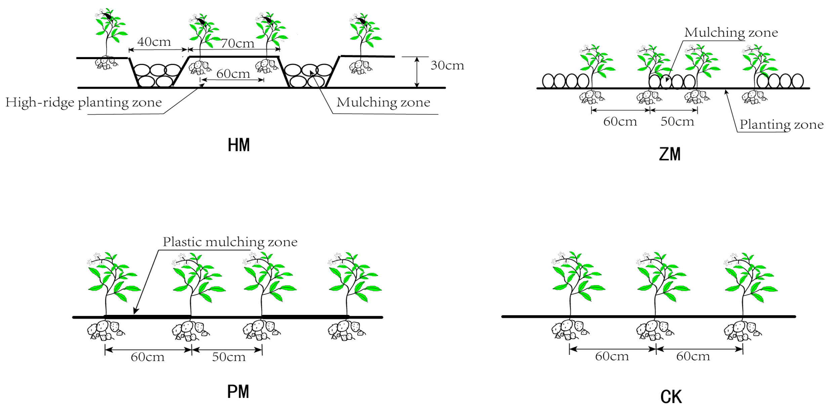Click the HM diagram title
[239, 145]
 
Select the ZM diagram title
[670, 155]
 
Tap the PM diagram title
[238, 392]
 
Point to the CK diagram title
[671, 397]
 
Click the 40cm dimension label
[154, 42]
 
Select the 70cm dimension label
[237, 43]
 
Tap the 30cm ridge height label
[447, 66]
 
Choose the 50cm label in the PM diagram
[229, 357]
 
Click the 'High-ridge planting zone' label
[83, 102]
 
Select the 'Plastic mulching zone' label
[230, 242]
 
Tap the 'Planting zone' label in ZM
[781, 125]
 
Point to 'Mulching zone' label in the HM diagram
[383, 102]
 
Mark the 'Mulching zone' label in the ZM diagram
[731, 33]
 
